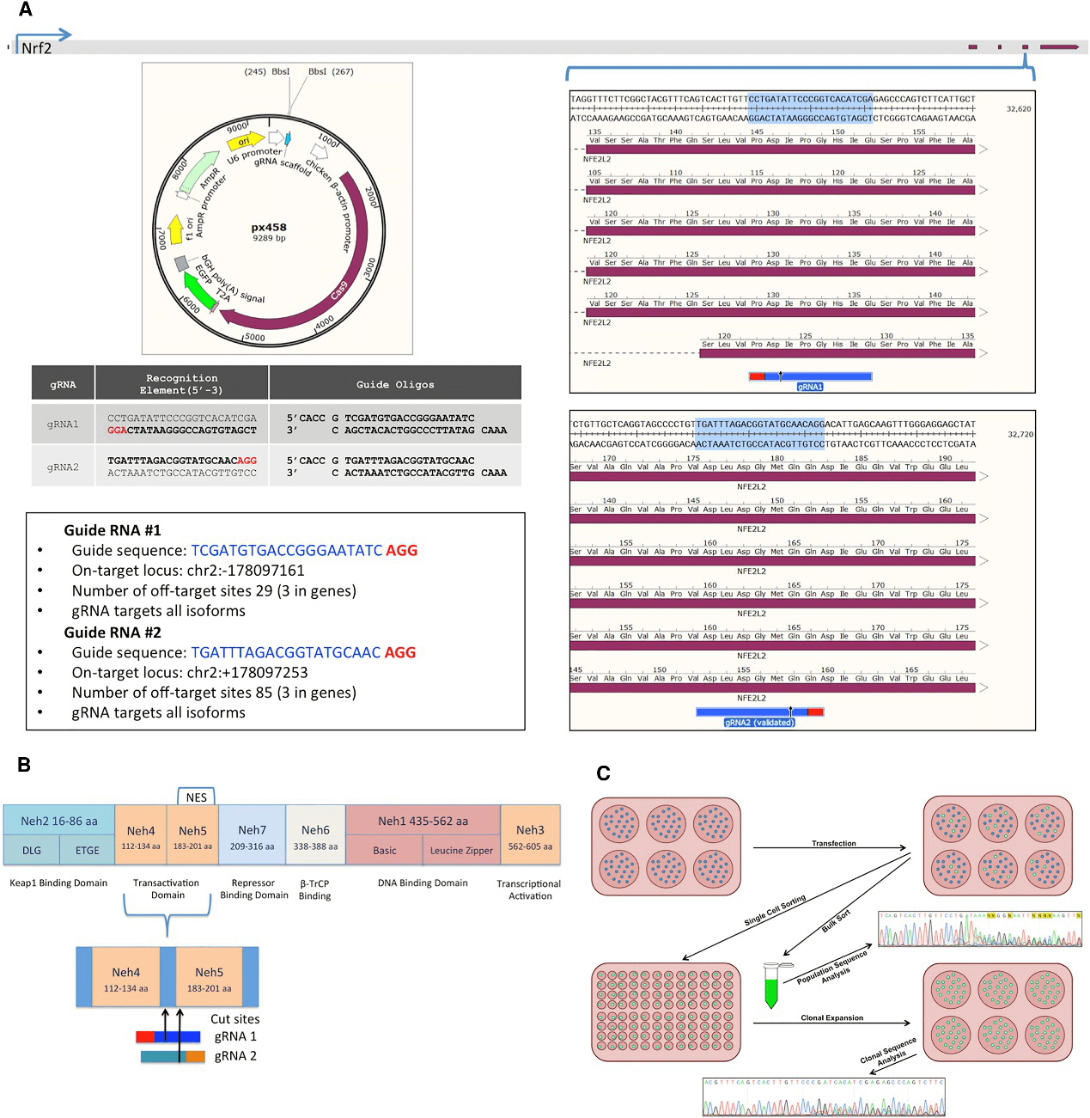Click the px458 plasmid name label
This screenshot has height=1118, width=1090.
pyautogui.click(x=269, y=228)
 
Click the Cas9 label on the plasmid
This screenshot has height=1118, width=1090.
pyautogui.click(x=338, y=290)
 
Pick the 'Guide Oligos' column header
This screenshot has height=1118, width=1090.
pyautogui.click(x=395, y=384)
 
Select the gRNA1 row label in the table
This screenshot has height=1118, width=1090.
pyautogui.click(x=63, y=424)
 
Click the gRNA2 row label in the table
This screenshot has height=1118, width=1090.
pyautogui.click(x=63, y=467)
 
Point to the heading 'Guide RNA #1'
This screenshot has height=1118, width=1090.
pyautogui.click(x=113, y=530)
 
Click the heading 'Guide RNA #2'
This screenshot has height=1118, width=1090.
pyautogui.click(x=113, y=632)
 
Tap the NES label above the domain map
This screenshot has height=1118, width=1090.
pyautogui.click(x=197, y=797)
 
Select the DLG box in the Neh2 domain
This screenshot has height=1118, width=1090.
pyautogui.click(x=32, y=851)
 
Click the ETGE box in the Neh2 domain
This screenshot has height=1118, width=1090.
pyautogui.click(x=88, y=851)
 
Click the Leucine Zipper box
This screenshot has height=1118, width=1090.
pyautogui.click(x=461, y=851)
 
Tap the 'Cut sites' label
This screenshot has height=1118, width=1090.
pyautogui.click(x=234, y=1019)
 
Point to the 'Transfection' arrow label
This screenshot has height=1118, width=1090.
pyautogui.click(x=834, y=843)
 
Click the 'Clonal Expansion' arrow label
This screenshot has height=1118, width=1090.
pyautogui.click(x=831, y=1017)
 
